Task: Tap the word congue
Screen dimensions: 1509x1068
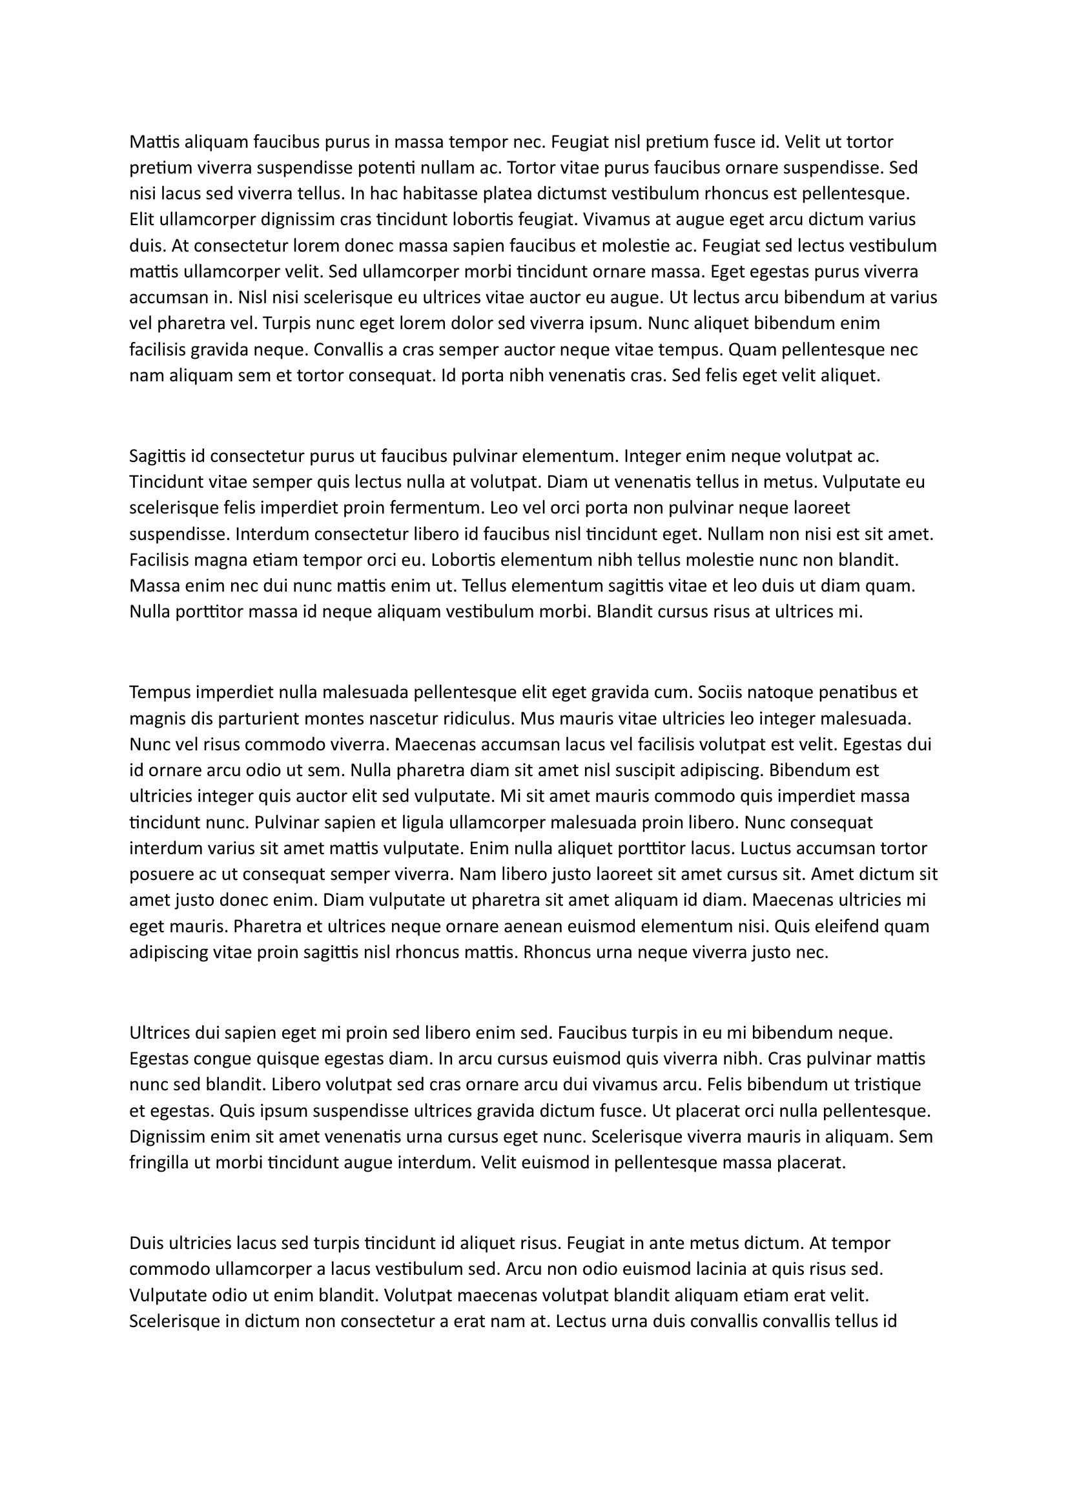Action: click(x=203, y=1059)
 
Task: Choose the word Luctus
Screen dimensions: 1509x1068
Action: click(x=763, y=848)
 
